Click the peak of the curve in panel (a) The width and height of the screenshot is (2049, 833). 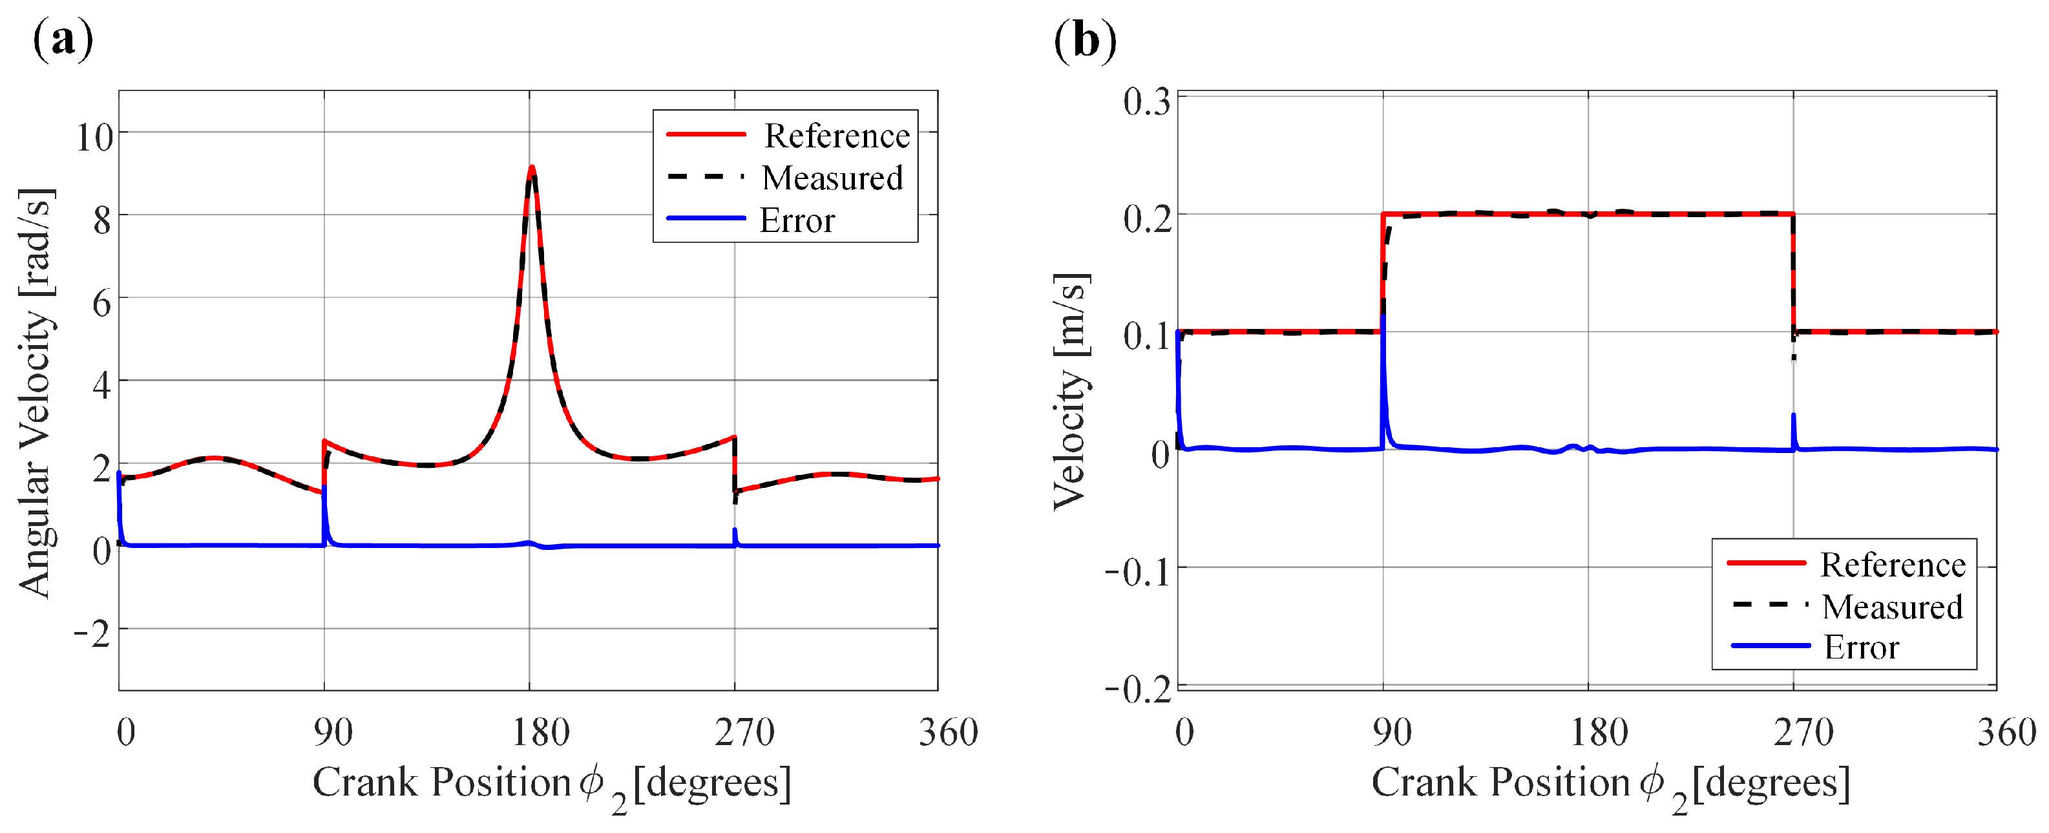(531, 168)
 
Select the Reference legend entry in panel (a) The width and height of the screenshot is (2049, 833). (836, 135)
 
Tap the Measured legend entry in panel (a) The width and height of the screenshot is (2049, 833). (831, 178)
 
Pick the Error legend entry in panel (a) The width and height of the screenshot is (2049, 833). (796, 220)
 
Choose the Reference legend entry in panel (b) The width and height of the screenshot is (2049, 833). (1891, 564)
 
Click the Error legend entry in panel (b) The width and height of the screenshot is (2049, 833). (1860, 647)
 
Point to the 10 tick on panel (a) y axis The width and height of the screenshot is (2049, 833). (94, 137)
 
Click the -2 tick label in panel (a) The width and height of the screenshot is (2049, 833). (92, 634)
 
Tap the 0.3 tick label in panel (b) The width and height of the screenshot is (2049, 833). (1146, 102)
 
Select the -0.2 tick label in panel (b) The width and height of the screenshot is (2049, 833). (1137, 689)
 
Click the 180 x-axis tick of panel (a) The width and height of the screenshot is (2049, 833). (540, 732)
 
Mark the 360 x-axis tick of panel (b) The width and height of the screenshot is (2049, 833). (2006, 732)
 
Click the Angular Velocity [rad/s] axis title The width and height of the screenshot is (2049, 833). (36, 393)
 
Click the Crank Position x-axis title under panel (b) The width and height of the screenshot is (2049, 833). (1610, 784)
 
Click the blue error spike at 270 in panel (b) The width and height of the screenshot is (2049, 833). (1793, 422)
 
